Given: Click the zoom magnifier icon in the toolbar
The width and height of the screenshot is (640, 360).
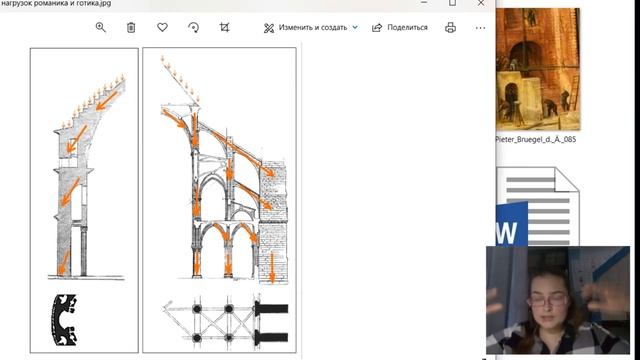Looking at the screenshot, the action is pyautogui.click(x=100, y=27).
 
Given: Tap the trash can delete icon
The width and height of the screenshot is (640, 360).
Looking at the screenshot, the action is pyautogui.click(x=131, y=27).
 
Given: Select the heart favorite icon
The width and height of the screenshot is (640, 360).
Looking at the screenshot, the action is pyautogui.click(x=162, y=27).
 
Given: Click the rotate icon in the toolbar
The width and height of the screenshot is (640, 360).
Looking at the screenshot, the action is pyautogui.click(x=193, y=27).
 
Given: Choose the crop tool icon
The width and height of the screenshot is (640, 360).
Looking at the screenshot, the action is pyautogui.click(x=224, y=27).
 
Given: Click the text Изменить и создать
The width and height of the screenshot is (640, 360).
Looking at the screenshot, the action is pyautogui.click(x=313, y=27).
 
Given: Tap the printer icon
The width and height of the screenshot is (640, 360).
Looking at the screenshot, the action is pyautogui.click(x=450, y=27).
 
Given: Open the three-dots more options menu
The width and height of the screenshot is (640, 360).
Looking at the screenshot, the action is pyautogui.click(x=480, y=28).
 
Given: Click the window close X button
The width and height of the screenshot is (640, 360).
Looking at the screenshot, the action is pyautogui.click(x=481, y=3).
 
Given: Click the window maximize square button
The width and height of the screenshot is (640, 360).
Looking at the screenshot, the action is pyautogui.click(x=452, y=3).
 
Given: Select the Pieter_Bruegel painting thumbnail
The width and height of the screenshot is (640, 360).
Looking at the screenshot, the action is pyautogui.click(x=538, y=69).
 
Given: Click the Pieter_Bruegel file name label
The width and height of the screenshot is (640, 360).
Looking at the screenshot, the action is pyautogui.click(x=536, y=139).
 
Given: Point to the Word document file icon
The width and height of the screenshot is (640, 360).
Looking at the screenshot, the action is pyautogui.click(x=537, y=206).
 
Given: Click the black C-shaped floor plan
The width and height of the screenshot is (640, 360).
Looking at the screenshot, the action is pyautogui.click(x=64, y=320).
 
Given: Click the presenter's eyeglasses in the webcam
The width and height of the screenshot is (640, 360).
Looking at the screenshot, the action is pyautogui.click(x=548, y=301).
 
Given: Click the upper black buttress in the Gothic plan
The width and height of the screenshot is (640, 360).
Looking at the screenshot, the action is pyautogui.click(x=271, y=309).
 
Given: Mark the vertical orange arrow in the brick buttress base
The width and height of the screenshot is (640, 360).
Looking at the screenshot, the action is pyautogui.click(x=272, y=267).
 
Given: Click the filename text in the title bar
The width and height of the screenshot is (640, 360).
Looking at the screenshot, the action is pyautogui.click(x=56, y=3).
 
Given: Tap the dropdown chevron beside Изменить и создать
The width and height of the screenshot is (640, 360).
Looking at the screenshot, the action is pyautogui.click(x=355, y=27).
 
